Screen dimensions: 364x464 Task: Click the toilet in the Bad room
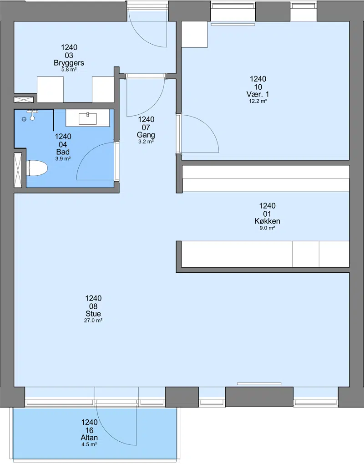pyautogui.click(x=37, y=168)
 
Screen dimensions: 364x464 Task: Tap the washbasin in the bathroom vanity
pyautogui.click(x=87, y=118)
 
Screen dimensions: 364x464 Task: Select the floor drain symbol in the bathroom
pyautogui.click(x=24, y=119)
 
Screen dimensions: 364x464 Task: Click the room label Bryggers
pyautogui.click(x=69, y=63)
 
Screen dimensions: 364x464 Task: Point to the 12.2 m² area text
pyautogui.click(x=258, y=101)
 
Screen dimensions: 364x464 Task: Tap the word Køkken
pyautogui.click(x=267, y=221)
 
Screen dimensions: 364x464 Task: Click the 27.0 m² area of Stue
pyautogui.click(x=93, y=321)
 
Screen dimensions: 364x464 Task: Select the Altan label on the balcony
pyautogui.click(x=89, y=438)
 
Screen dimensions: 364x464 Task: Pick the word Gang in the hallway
pyautogui.click(x=146, y=135)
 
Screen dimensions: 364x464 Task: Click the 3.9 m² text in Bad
pyautogui.click(x=63, y=159)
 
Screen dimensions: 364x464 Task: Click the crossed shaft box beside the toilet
pyautogui.click(x=18, y=170)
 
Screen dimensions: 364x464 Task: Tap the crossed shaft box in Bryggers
pyautogui.click(x=24, y=100)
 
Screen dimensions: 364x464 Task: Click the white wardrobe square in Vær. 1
pyautogui.click(x=194, y=34)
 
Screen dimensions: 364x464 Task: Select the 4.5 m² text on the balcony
pyautogui.click(x=89, y=444)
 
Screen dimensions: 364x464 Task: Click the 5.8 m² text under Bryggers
pyautogui.click(x=69, y=70)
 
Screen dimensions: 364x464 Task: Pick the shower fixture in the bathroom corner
pyautogui.click(x=32, y=115)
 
